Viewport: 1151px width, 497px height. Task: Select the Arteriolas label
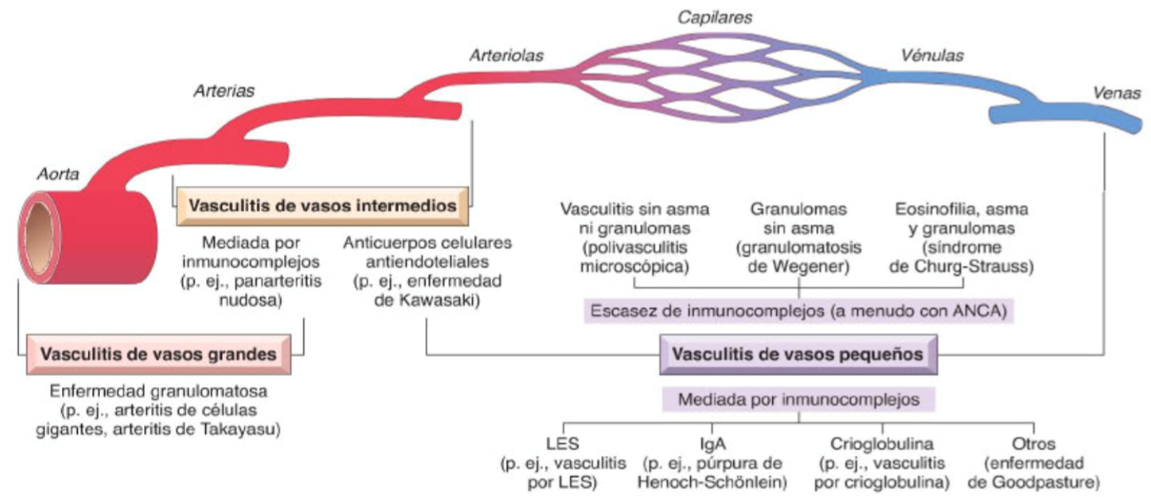tap(506, 56)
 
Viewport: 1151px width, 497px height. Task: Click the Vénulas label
tap(933, 56)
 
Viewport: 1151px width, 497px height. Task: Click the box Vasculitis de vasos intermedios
tap(323, 206)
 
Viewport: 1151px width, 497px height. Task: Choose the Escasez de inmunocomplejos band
tap(798, 311)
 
